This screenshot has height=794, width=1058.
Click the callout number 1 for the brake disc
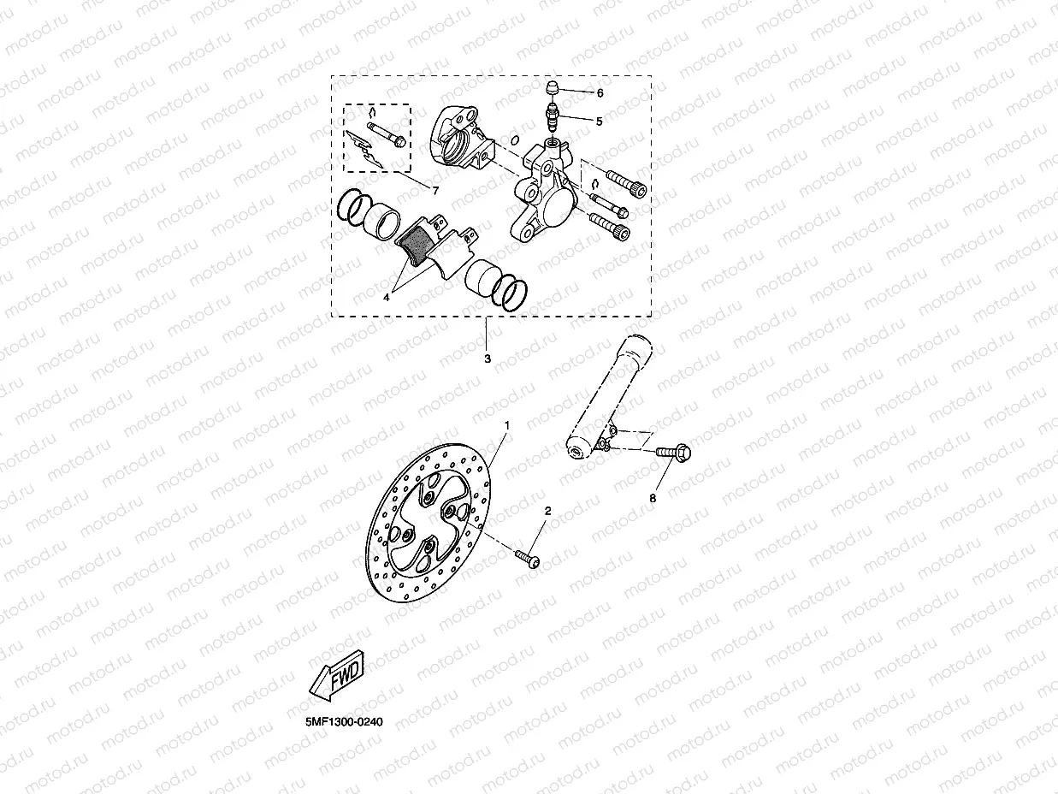506,425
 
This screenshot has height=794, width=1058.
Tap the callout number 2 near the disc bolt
548,511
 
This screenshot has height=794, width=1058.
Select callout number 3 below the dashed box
488,358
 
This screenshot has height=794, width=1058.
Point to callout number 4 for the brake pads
387,297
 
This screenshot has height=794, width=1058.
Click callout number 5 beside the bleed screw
599,121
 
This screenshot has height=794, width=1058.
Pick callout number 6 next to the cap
600,92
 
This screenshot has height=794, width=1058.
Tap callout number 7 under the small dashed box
434,189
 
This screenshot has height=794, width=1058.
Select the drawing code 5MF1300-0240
342,721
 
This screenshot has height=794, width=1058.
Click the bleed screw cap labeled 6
552,87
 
